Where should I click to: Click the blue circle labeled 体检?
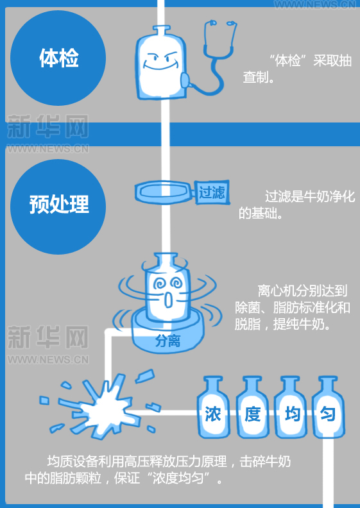pos(58,58)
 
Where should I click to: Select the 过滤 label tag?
pos(212,192)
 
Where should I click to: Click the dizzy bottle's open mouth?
pos(168,300)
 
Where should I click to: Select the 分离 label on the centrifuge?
pos(167,341)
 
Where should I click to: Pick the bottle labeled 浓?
pos(213,407)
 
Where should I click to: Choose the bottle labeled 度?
pos(253,407)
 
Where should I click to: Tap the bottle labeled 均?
pos(290,407)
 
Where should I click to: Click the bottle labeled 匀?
pos(328,407)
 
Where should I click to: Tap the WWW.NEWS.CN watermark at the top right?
pos(315,5)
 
